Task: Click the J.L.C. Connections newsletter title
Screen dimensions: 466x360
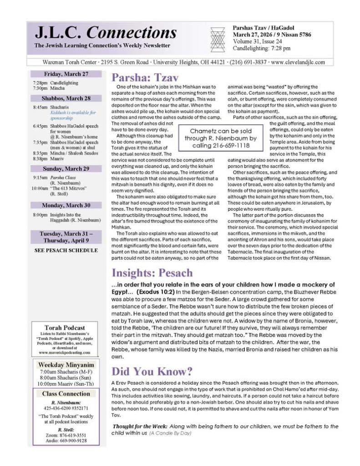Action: pos(106,33)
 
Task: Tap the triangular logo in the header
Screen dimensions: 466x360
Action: pos(217,37)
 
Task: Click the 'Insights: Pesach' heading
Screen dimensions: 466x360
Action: pos(152,273)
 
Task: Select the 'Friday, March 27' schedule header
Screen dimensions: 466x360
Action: pos(66,74)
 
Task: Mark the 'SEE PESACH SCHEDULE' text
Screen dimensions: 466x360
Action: pos(66,250)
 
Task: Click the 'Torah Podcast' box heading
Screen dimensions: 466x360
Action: pos(66,328)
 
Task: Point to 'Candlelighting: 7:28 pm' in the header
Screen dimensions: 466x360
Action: pos(261,48)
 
